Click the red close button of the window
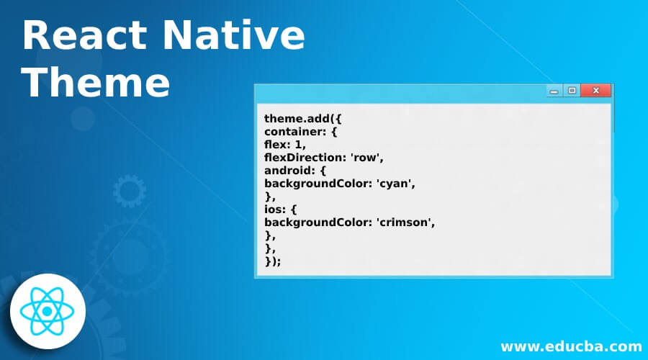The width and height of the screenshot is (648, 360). pos(596,91)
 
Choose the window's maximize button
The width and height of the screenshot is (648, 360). pos(572,91)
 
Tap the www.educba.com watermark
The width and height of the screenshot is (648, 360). pos(570,346)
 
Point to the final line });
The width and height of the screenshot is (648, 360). pos(273,260)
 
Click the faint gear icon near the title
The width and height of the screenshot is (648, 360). pos(129,192)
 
